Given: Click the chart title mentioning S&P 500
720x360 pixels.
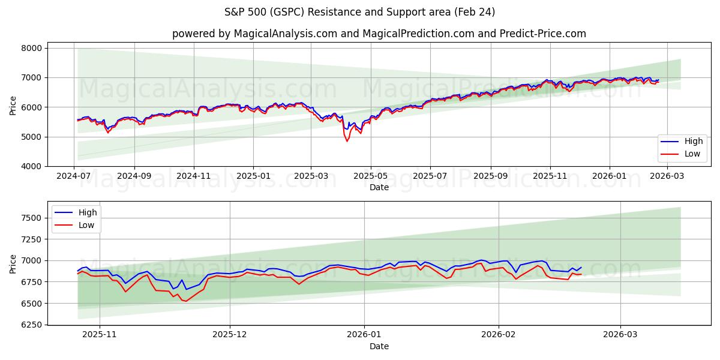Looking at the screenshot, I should point(360,12).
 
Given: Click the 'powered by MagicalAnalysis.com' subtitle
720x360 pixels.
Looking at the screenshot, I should point(379,34).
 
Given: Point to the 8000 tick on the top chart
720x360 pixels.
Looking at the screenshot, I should point(31,48).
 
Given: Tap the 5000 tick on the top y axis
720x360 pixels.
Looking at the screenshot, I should point(31,137).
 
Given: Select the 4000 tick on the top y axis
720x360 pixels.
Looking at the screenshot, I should point(31,166).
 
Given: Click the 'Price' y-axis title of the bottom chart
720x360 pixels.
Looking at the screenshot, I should point(13,264).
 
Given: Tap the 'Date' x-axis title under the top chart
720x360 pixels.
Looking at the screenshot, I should point(379,187).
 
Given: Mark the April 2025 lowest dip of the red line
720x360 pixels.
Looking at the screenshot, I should point(347,141).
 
